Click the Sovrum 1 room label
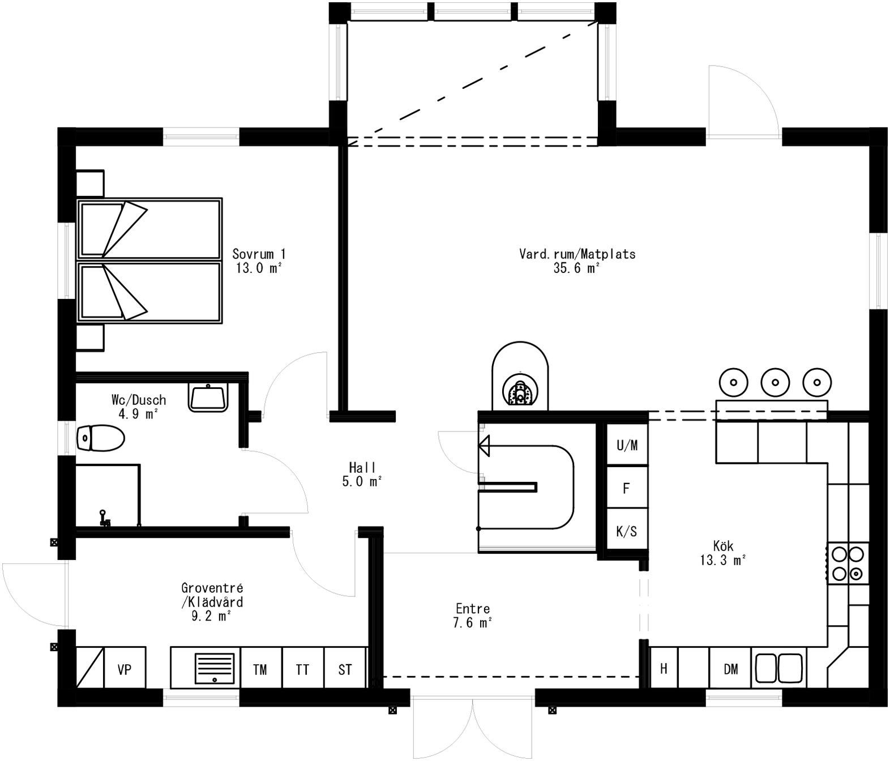pos(259,254)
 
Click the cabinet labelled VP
pos(125,669)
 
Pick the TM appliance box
pos(260,669)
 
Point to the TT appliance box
pos(302,669)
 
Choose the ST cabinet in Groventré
pos(345,669)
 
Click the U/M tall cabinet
pos(627,445)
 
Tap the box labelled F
pos(626,488)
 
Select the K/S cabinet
pos(626,531)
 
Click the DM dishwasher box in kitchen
pos(730,669)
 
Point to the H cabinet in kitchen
pos(663,669)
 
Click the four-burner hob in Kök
pos(848,563)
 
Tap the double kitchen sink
pos(780,668)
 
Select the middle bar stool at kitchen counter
pos(775,382)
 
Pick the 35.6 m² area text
pos(576,268)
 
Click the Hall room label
pos(362,468)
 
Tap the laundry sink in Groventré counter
pos(215,668)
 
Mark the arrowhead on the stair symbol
pos(483,446)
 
